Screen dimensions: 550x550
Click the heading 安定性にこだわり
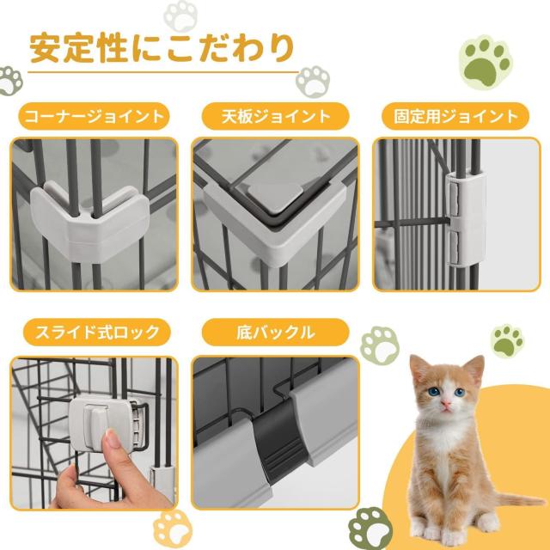162,48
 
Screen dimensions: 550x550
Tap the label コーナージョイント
94,117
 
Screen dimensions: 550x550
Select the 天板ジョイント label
276,117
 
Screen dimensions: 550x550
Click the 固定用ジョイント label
455,117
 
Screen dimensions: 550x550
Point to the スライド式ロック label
97,333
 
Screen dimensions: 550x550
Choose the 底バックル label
276,333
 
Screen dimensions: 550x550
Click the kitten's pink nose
445,404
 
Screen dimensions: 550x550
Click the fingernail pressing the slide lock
113,438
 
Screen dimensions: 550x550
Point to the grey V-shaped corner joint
90,221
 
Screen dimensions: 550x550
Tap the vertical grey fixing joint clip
467,218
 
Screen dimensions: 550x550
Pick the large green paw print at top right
486,62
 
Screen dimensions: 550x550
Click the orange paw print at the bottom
173,529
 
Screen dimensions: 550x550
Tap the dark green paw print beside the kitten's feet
370,529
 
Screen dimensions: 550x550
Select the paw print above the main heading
181,15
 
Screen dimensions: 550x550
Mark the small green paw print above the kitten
507,341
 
